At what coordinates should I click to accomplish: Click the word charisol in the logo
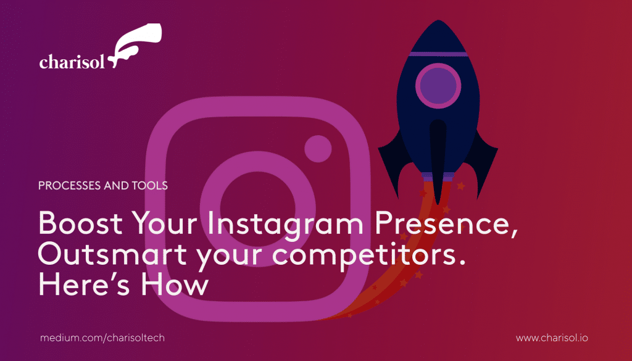(72, 62)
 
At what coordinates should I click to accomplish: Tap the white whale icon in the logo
(135, 44)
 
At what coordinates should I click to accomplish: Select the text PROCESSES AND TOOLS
(103, 185)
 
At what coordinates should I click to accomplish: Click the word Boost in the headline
(81, 223)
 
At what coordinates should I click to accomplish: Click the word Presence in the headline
(446, 224)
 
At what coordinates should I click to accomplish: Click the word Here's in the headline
(84, 284)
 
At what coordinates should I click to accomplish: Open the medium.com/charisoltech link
(102, 338)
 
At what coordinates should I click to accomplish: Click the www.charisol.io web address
(552, 338)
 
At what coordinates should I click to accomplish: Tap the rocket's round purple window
(438, 85)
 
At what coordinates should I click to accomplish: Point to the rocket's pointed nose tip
(438, 20)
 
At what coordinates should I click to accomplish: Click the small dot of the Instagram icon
(318, 149)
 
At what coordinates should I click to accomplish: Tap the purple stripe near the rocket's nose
(438, 54)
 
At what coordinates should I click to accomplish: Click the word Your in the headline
(165, 223)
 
